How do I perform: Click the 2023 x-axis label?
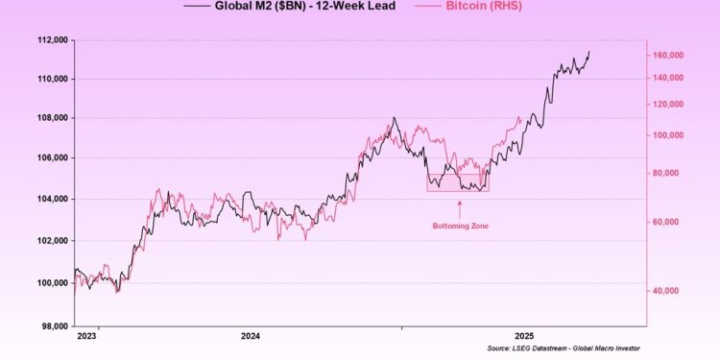[x=85, y=336]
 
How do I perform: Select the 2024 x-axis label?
[x=251, y=336]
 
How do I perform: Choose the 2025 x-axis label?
[x=524, y=336]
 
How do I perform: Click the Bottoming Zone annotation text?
[x=458, y=225]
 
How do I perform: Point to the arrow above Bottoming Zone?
[x=458, y=205]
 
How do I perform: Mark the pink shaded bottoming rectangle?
[x=458, y=181]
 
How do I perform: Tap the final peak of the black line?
[x=588, y=51]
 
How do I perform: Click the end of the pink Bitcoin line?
[x=519, y=118]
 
